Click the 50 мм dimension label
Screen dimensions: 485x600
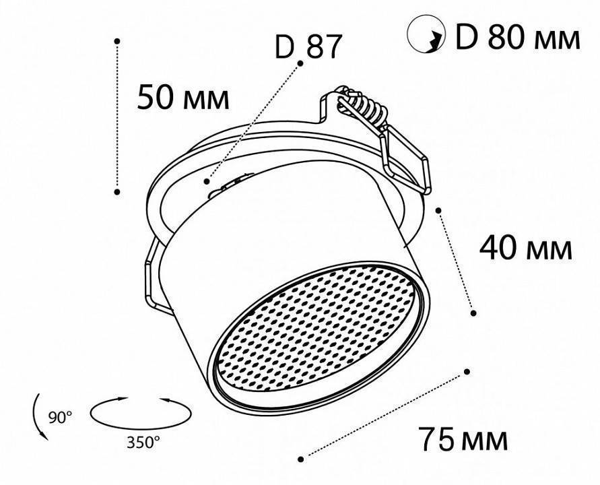point(182,98)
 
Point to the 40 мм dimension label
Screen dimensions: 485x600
point(525,249)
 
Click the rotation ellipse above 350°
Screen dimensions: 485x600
point(139,413)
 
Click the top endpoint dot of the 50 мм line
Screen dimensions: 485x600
point(117,41)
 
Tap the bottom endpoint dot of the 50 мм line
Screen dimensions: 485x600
point(117,192)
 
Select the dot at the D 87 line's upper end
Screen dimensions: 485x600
point(300,63)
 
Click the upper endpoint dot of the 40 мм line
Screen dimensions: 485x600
point(439,210)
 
